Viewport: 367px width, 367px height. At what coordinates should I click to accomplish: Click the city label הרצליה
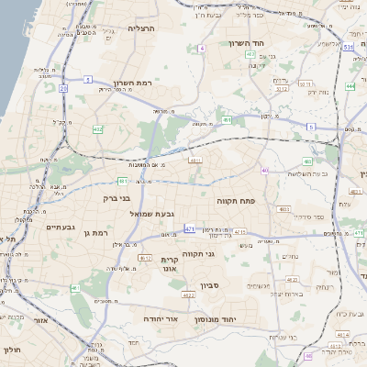(x=142, y=28)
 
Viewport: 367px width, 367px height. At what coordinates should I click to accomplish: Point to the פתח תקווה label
(x=236, y=199)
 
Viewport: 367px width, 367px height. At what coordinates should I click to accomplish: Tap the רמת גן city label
(x=95, y=233)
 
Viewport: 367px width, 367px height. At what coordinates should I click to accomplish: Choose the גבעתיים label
(x=61, y=226)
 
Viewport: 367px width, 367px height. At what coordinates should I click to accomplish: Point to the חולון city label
(x=11, y=350)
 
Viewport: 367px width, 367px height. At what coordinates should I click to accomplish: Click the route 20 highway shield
(x=63, y=88)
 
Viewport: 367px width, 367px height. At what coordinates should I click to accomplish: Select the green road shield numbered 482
(x=98, y=129)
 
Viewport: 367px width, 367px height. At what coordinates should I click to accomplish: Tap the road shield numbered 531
(x=348, y=45)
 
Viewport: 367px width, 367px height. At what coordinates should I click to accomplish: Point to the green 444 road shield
(x=350, y=86)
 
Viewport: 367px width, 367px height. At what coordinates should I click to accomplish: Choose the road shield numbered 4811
(x=195, y=160)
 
